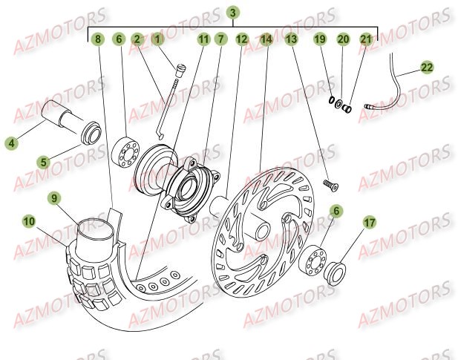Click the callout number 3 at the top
[x=233, y=13]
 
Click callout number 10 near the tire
[x=28, y=220]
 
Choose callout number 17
[x=369, y=221]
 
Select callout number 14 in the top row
[x=266, y=39]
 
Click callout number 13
[x=291, y=39]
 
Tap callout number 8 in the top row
[x=97, y=39]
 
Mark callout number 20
[x=343, y=39]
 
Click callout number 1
[x=157, y=39]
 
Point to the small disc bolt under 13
[x=327, y=182]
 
